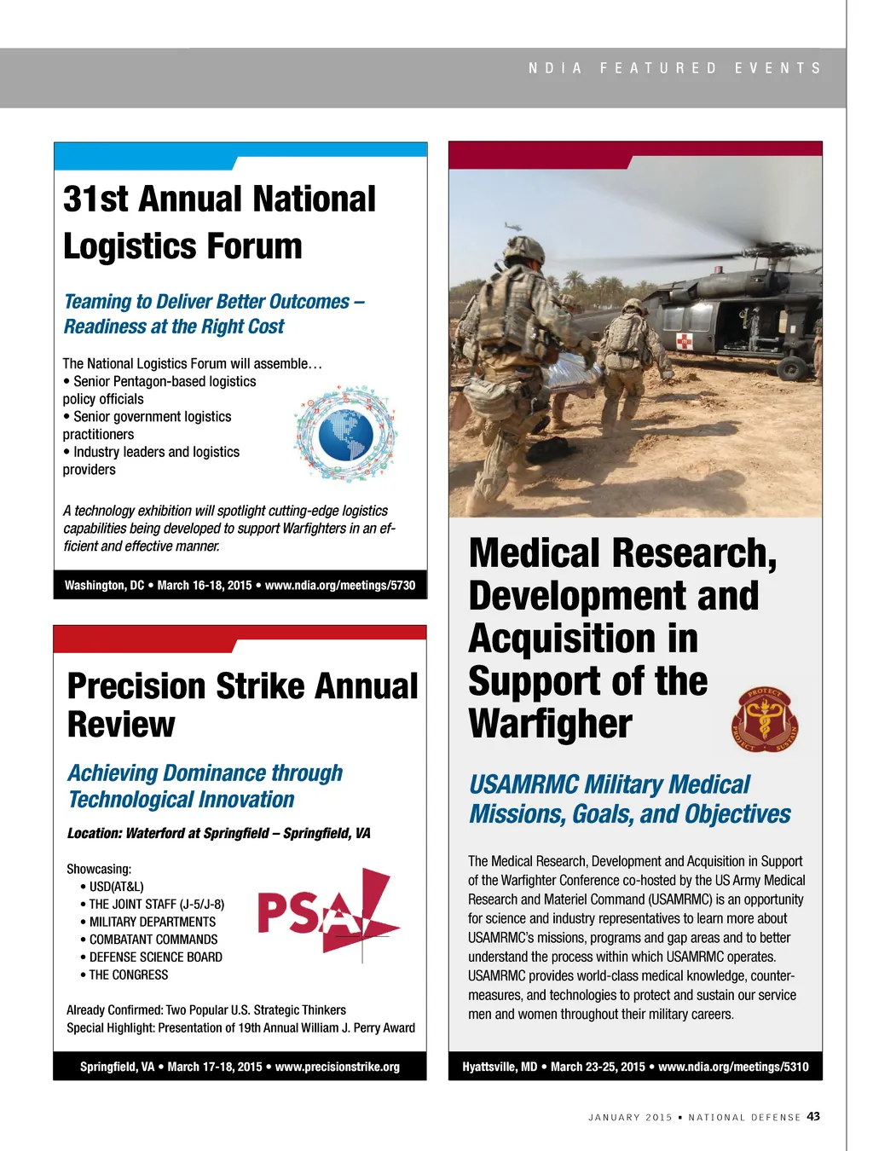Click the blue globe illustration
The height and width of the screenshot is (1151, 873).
345,433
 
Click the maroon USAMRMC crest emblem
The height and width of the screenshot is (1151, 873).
765,720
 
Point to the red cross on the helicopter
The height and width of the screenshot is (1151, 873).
684,341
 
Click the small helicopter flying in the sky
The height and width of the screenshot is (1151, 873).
513,228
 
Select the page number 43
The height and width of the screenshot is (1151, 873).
813,1116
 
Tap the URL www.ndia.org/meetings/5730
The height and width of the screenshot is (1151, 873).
340,585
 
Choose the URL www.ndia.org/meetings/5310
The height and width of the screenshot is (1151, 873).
733,1067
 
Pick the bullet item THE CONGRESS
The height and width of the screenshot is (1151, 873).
129,975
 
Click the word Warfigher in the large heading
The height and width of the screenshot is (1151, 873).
550,724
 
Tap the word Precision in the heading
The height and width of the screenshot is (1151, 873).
136,686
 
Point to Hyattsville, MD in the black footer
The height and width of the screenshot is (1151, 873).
500,1067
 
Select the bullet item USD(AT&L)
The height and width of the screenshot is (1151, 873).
117,887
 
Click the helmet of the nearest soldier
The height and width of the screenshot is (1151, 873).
523,249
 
